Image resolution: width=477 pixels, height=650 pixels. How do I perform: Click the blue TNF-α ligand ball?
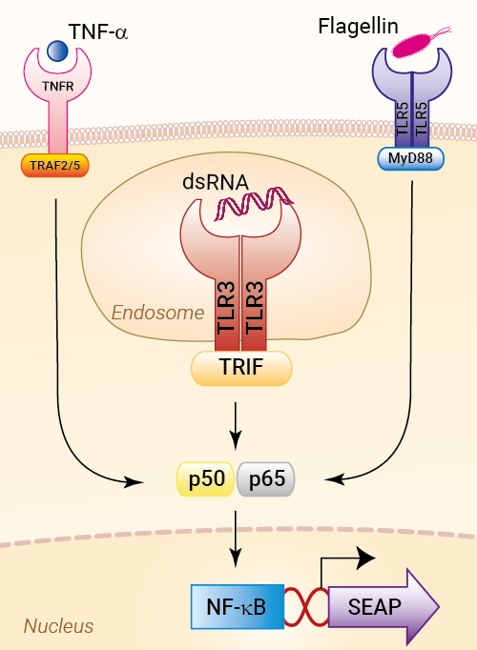point(57,51)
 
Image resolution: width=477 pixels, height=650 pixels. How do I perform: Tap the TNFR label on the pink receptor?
point(57,86)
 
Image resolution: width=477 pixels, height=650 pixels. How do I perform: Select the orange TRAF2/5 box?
point(54,166)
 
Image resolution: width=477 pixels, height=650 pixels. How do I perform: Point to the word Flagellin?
point(358,27)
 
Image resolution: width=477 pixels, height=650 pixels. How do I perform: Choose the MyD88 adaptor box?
point(410,158)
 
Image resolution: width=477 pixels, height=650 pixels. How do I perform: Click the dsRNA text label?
point(216,182)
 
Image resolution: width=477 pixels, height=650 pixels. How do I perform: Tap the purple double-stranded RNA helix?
point(254,202)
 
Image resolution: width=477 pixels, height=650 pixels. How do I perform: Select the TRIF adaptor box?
point(241,368)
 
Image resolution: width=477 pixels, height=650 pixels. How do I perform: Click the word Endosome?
point(157,313)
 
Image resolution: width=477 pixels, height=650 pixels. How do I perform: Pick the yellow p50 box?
point(206,478)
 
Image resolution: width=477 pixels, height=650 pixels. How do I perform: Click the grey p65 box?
point(266,478)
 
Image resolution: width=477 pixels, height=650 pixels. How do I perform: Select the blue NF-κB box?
point(238,607)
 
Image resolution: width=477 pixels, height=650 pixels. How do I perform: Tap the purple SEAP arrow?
point(382,606)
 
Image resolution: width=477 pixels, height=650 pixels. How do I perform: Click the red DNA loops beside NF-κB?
point(306,607)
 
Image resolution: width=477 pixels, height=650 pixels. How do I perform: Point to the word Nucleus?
point(58,626)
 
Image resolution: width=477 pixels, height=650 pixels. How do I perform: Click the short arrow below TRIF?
point(236,426)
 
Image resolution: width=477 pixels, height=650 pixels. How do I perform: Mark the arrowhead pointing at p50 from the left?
point(135,482)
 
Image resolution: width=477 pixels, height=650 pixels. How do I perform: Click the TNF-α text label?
point(98,31)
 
